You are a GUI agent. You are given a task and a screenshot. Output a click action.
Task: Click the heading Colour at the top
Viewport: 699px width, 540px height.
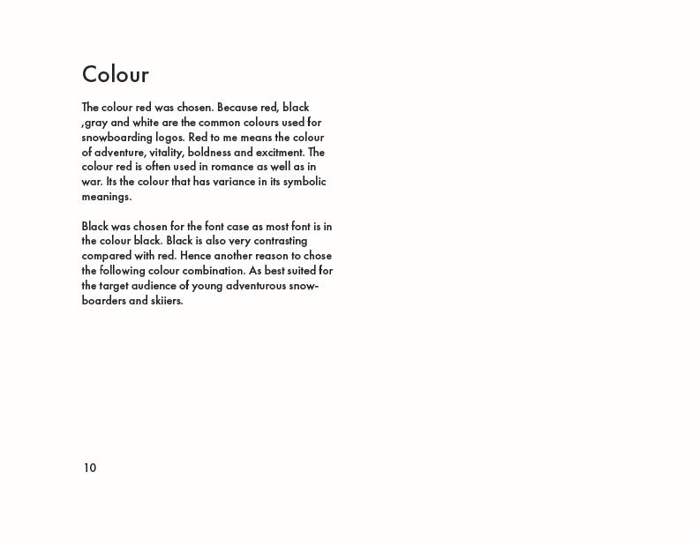[x=116, y=74]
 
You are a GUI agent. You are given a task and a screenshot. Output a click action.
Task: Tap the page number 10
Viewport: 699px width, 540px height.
[x=89, y=469]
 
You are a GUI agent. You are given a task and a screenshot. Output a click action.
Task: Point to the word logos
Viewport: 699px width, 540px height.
[x=170, y=138]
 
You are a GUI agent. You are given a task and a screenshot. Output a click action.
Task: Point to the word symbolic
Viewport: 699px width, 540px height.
[x=303, y=182]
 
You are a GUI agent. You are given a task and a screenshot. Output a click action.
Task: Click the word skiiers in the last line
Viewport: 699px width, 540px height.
[x=162, y=301]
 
